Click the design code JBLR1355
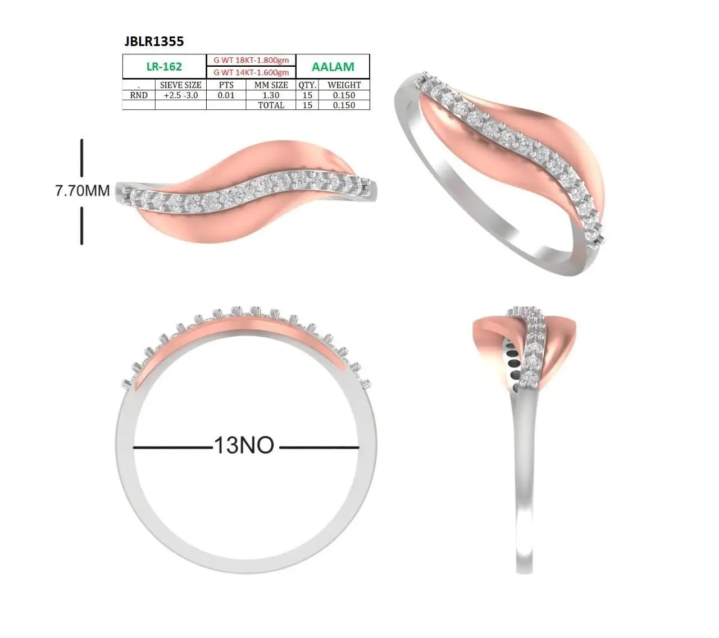(x=154, y=42)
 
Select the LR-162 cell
(x=165, y=66)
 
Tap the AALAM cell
(x=333, y=66)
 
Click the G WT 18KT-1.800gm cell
(x=251, y=60)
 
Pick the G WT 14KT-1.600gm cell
(x=251, y=72)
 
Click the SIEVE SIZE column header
(x=181, y=85)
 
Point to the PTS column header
(x=226, y=85)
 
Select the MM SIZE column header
(x=271, y=85)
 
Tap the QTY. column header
(x=307, y=85)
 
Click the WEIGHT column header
(x=344, y=85)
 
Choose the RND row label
(x=138, y=95)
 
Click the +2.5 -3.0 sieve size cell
(x=181, y=95)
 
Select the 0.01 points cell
(x=226, y=95)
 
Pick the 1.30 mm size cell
(x=271, y=95)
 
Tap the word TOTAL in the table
(x=271, y=105)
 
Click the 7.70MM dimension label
(x=83, y=191)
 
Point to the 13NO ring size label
(x=244, y=445)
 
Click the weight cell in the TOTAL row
(x=344, y=105)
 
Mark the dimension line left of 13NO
(x=173, y=448)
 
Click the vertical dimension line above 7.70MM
(x=82, y=158)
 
